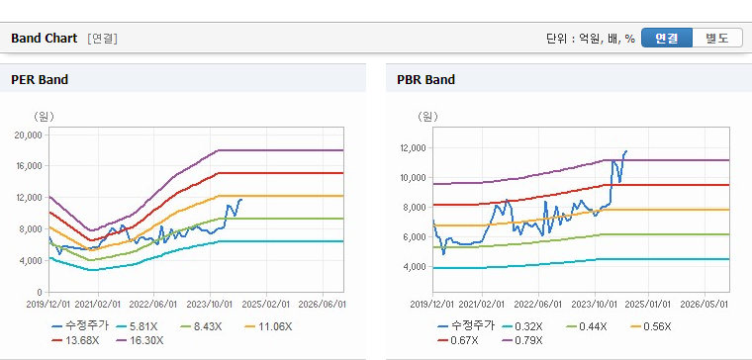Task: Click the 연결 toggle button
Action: [667, 38]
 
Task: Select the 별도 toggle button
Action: [717, 38]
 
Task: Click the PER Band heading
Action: [40, 79]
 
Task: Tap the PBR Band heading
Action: [425, 79]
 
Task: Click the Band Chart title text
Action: [45, 39]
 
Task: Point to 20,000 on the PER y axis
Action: [29, 135]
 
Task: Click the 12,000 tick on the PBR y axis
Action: [413, 148]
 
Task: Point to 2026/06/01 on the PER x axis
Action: [322, 305]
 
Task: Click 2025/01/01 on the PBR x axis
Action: [649, 305]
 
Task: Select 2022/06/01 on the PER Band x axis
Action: [154, 305]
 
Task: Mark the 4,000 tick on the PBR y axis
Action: [415, 266]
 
